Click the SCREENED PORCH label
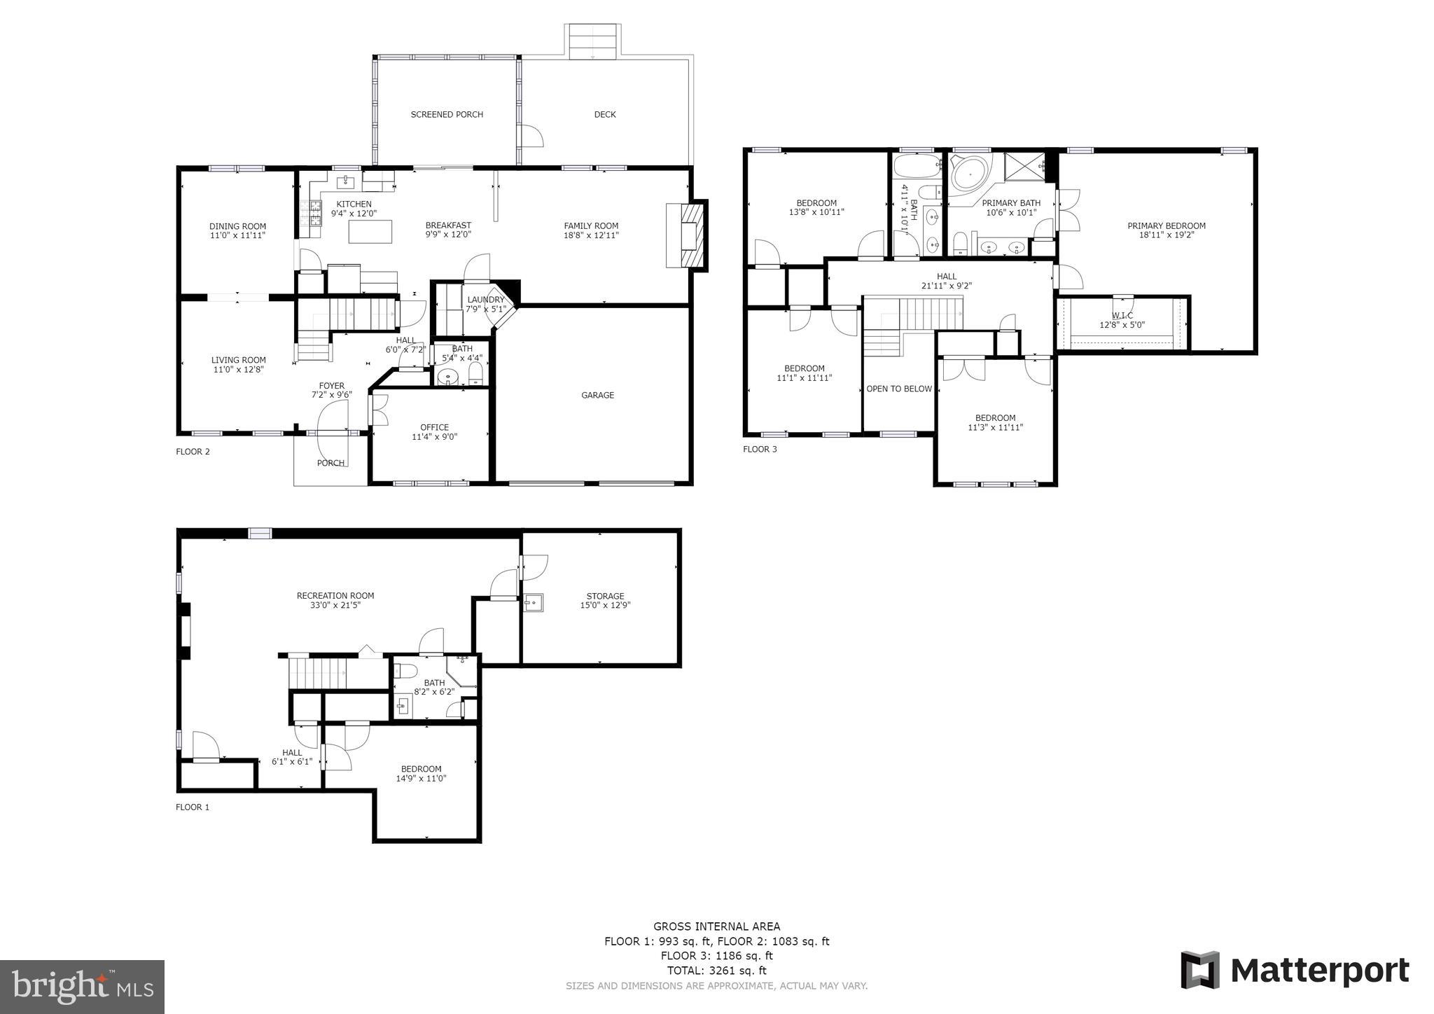click(447, 114)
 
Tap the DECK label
click(605, 114)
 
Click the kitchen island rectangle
click(370, 232)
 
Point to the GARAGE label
click(597, 395)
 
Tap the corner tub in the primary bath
click(968, 174)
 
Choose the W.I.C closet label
click(1122, 316)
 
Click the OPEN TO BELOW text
click(899, 389)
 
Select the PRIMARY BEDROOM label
click(1166, 225)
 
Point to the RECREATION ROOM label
click(335, 596)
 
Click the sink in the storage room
click(533, 602)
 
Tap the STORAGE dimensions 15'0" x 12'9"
click(605, 606)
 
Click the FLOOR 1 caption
click(193, 807)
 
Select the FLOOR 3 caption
click(760, 449)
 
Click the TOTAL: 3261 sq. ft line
click(716, 971)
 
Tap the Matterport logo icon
click(1199, 971)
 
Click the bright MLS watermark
click(82, 987)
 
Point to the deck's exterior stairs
click(593, 41)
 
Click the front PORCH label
click(330, 463)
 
